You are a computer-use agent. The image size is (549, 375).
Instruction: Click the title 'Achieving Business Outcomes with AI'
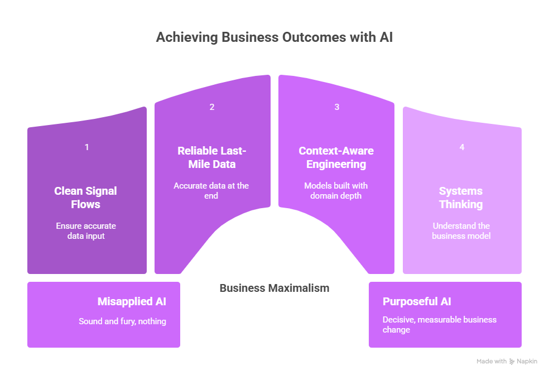pyautogui.click(x=274, y=37)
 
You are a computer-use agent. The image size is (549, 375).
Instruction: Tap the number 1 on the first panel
pyautogui.click(x=87, y=147)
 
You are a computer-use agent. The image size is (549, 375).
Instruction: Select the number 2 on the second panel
pyautogui.click(x=212, y=107)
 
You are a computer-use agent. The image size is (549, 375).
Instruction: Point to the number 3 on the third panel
pyautogui.click(x=337, y=107)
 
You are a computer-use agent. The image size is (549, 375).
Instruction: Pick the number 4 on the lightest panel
pyautogui.click(x=461, y=147)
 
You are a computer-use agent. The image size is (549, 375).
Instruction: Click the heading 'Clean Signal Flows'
pyautogui.click(x=85, y=198)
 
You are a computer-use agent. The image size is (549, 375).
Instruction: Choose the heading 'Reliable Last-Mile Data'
pyautogui.click(x=211, y=157)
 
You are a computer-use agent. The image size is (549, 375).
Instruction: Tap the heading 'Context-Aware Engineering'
pyautogui.click(x=336, y=157)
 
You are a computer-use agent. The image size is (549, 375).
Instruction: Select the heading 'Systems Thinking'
pyautogui.click(x=461, y=198)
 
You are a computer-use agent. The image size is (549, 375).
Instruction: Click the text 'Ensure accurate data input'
pyautogui.click(x=86, y=231)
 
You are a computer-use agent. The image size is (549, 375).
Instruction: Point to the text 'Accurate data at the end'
pyautogui.click(x=211, y=191)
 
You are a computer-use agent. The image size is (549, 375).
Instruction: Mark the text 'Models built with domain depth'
pyautogui.click(x=336, y=191)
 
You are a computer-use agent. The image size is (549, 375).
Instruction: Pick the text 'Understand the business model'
pyautogui.click(x=461, y=231)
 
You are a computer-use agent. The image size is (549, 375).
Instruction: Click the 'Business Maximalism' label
pyautogui.click(x=274, y=289)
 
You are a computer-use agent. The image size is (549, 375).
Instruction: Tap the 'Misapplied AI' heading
pyautogui.click(x=132, y=302)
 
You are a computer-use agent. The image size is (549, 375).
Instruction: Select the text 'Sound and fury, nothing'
pyautogui.click(x=122, y=321)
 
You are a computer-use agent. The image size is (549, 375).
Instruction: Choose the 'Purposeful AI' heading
pyautogui.click(x=417, y=302)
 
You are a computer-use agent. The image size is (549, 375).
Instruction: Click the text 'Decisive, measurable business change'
pyautogui.click(x=439, y=325)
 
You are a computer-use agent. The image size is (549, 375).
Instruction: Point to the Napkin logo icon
pyautogui.click(x=512, y=362)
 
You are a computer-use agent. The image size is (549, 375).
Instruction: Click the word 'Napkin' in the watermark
pyautogui.click(x=527, y=362)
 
